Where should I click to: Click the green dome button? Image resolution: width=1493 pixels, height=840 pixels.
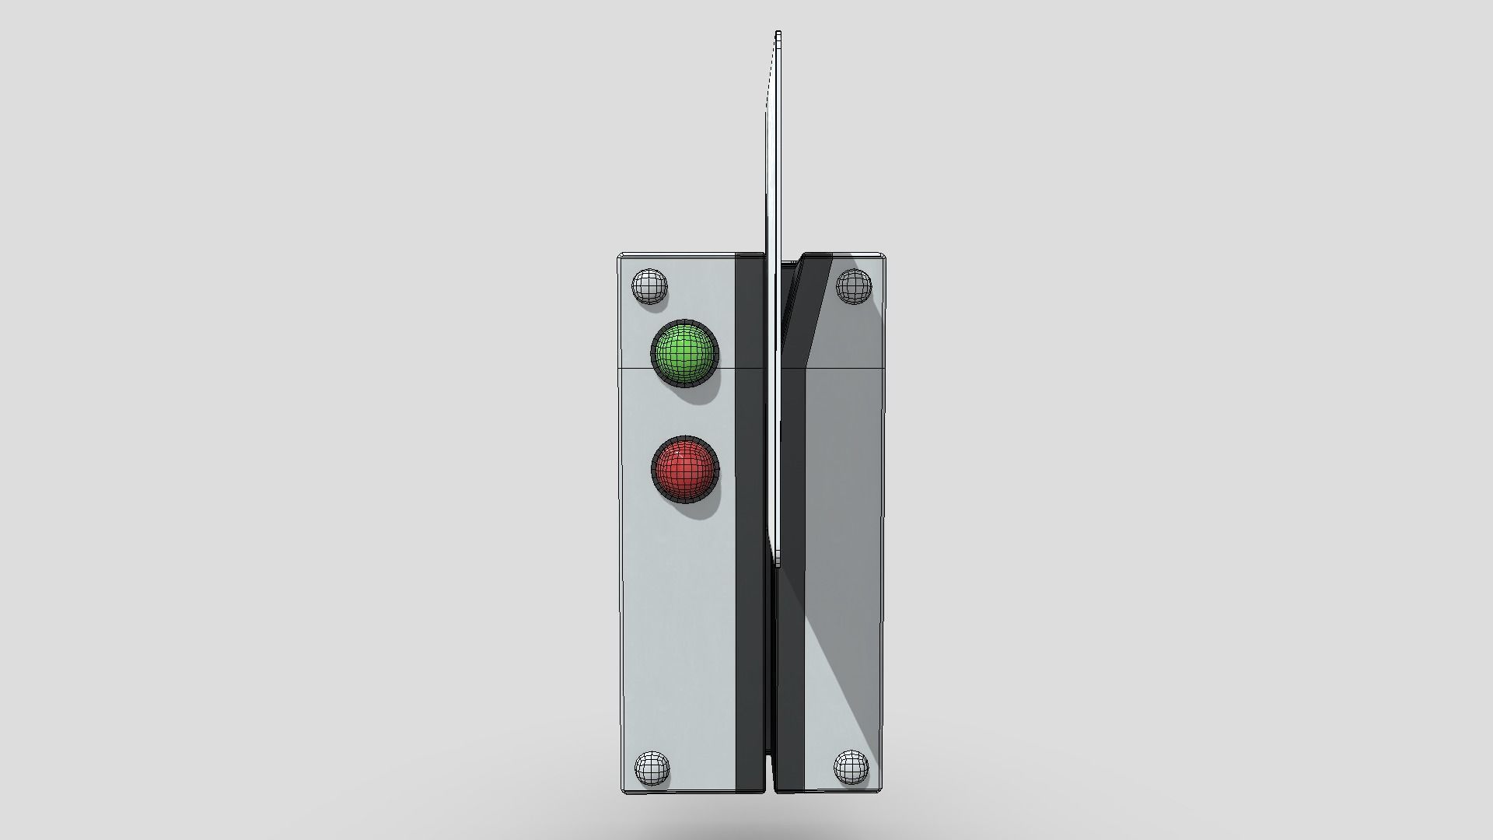click(x=684, y=352)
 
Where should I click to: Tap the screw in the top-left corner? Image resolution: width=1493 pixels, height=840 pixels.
click(x=649, y=286)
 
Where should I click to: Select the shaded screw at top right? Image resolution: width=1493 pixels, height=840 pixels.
click(x=854, y=286)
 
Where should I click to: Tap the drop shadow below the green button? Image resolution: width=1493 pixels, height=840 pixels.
click(x=704, y=395)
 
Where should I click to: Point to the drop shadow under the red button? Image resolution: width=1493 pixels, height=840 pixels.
click(x=704, y=512)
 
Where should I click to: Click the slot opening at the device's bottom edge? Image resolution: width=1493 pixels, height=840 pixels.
click(x=771, y=778)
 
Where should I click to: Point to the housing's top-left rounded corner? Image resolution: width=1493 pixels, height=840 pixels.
click(x=622, y=257)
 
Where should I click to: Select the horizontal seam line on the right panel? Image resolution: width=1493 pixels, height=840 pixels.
click(x=848, y=366)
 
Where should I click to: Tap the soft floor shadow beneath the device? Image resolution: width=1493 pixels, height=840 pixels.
click(x=750, y=821)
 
